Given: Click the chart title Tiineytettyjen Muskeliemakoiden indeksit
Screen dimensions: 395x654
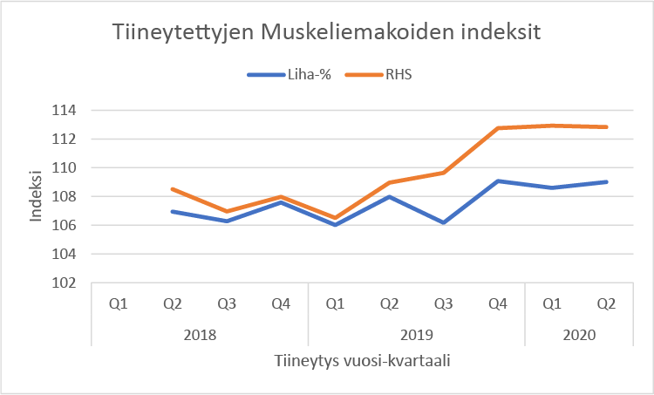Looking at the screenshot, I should click(x=327, y=34).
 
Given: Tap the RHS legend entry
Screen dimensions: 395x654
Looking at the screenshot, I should click(x=397, y=75).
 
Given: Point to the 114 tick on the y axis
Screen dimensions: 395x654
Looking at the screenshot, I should click(x=66, y=111).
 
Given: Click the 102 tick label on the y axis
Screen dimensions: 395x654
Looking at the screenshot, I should click(x=66, y=283).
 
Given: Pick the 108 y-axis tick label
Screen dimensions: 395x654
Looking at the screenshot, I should click(x=66, y=197).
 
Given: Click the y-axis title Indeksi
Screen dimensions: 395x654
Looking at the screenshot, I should click(x=36, y=197).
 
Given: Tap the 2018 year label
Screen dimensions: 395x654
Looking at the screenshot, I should click(x=201, y=333).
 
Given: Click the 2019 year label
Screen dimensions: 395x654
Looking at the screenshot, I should click(x=417, y=333).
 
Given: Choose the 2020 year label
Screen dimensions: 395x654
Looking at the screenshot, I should click(x=579, y=333).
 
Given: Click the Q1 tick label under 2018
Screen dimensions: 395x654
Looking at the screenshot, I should click(x=119, y=304).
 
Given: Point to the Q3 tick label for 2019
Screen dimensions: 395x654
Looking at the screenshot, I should click(x=444, y=304).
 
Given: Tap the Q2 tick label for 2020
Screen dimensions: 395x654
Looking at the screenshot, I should click(x=606, y=304).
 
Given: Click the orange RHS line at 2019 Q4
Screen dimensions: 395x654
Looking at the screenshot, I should click(x=498, y=128).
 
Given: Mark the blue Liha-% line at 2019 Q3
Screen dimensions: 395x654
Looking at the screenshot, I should click(x=444, y=222).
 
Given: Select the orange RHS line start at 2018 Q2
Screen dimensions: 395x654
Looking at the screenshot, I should click(x=174, y=188).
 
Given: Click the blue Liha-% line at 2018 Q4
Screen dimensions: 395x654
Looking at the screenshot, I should click(x=282, y=201).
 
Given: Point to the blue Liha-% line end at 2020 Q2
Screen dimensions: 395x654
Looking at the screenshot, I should click(x=606, y=181).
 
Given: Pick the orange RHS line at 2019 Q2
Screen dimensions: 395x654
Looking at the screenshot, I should click(x=390, y=182).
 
